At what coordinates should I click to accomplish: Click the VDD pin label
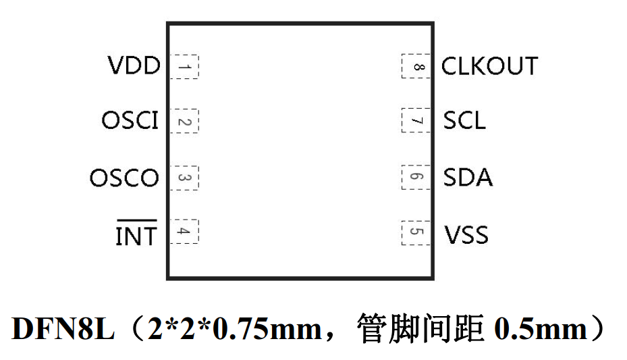click(x=134, y=66)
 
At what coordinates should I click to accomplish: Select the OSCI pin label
click(x=130, y=121)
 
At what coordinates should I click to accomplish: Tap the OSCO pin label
click(x=124, y=178)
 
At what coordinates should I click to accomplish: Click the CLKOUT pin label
click(x=489, y=66)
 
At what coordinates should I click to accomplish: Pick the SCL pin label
click(x=464, y=121)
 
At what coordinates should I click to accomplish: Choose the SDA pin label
click(x=468, y=178)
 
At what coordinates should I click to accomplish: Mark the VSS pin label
click(x=466, y=235)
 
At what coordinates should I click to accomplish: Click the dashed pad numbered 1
click(x=184, y=67)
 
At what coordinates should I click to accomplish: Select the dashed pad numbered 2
click(x=184, y=122)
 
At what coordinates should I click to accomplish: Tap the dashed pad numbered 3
click(x=184, y=178)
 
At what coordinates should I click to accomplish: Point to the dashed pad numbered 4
click(x=184, y=232)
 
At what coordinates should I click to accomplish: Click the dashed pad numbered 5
click(x=416, y=232)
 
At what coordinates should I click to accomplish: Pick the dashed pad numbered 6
click(x=416, y=178)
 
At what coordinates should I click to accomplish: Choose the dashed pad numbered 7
click(x=416, y=122)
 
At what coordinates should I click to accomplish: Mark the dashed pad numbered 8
click(x=416, y=67)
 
